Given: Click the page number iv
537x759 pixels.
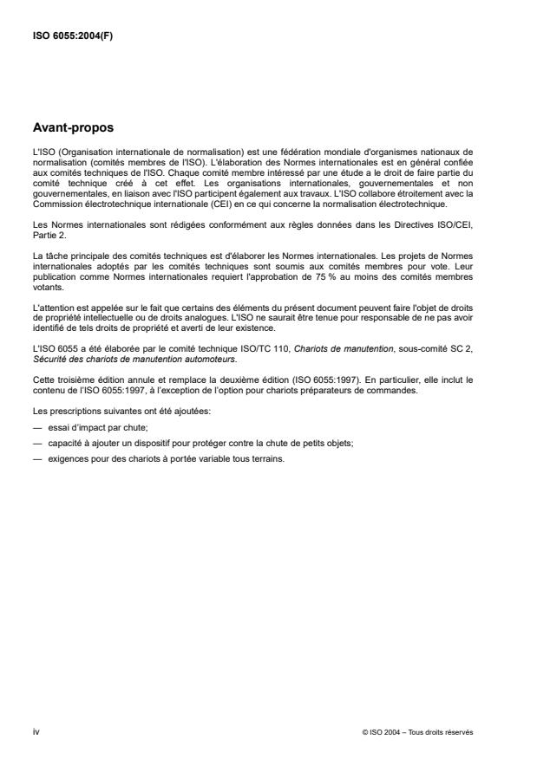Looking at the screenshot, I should click(35, 732).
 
